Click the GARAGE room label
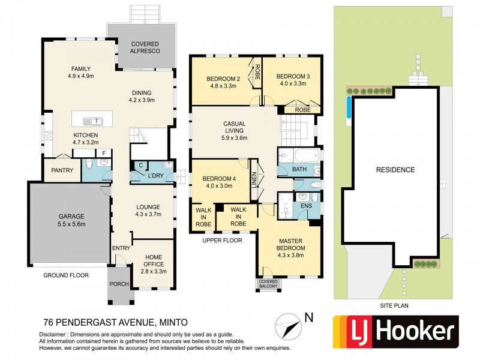71,217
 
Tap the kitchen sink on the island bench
93,121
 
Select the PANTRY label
62,170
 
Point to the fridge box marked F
104,153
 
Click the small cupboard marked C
141,166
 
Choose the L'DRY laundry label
156,176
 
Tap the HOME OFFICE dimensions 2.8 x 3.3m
154,271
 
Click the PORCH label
119,284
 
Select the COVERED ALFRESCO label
145,47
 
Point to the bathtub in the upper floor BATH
307,156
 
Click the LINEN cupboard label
254,179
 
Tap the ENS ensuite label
306,206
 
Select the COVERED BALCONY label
268,284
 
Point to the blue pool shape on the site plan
349,107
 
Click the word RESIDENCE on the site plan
395,170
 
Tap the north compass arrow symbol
288,326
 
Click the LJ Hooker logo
396,332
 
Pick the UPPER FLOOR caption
222,241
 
